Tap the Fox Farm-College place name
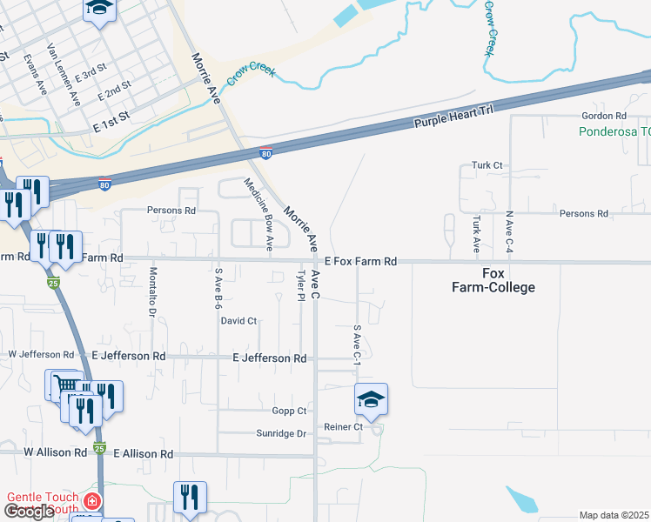(x=493, y=280)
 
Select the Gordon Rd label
(x=604, y=116)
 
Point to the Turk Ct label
(x=487, y=165)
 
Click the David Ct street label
(x=238, y=321)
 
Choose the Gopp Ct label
(x=290, y=411)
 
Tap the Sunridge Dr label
(x=282, y=433)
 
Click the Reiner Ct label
(x=343, y=427)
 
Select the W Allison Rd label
(x=55, y=453)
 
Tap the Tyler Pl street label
(x=301, y=284)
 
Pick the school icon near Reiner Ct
(x=371, y=399)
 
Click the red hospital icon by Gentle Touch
(x=91, y=503)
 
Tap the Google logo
(x=29, y=512)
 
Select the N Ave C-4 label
(x=508, y=231)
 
